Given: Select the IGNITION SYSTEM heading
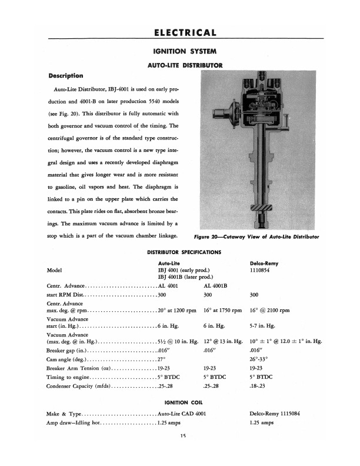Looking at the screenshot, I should (180, 52).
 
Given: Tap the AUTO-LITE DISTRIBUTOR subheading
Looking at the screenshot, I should (179, 65).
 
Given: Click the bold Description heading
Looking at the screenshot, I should (65, 76).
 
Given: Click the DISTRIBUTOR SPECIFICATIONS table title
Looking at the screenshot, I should (179, 252).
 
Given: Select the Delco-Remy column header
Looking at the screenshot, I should (266, 263).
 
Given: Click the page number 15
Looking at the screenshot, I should (183, 435).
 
